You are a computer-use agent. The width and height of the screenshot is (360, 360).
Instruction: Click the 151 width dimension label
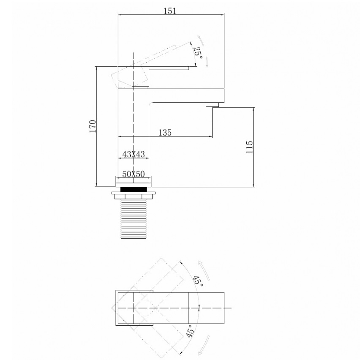point(170,11)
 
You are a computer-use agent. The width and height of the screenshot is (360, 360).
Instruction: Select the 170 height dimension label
point(93,126)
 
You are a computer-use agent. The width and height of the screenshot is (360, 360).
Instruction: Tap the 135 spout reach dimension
point(165,133)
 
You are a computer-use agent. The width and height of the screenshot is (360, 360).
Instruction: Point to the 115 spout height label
point(249,147)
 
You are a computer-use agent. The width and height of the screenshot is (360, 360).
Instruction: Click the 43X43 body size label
point(134,154)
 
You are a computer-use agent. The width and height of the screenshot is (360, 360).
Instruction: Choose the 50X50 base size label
point(134,174)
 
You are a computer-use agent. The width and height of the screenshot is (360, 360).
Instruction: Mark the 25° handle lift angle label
point(198,52)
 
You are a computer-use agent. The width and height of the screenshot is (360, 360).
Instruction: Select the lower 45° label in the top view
point(190,331)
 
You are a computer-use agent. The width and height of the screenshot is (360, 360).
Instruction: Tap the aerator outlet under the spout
point(213,105)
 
